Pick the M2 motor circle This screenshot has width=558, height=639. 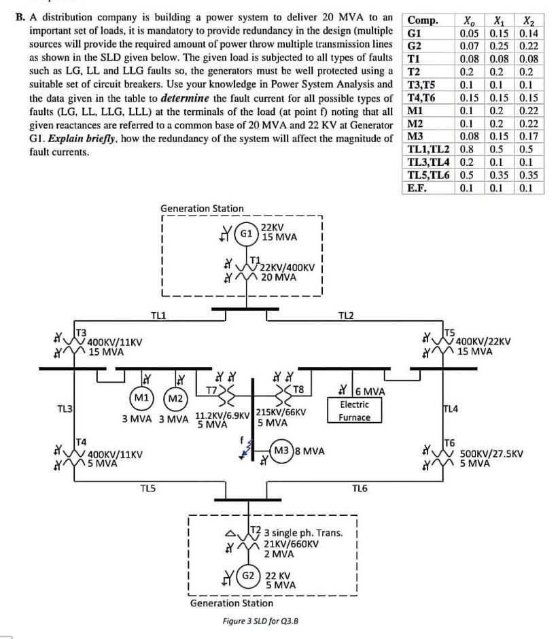176,396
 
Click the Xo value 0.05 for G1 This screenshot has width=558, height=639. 469,33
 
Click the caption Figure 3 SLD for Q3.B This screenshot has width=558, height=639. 261,621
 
